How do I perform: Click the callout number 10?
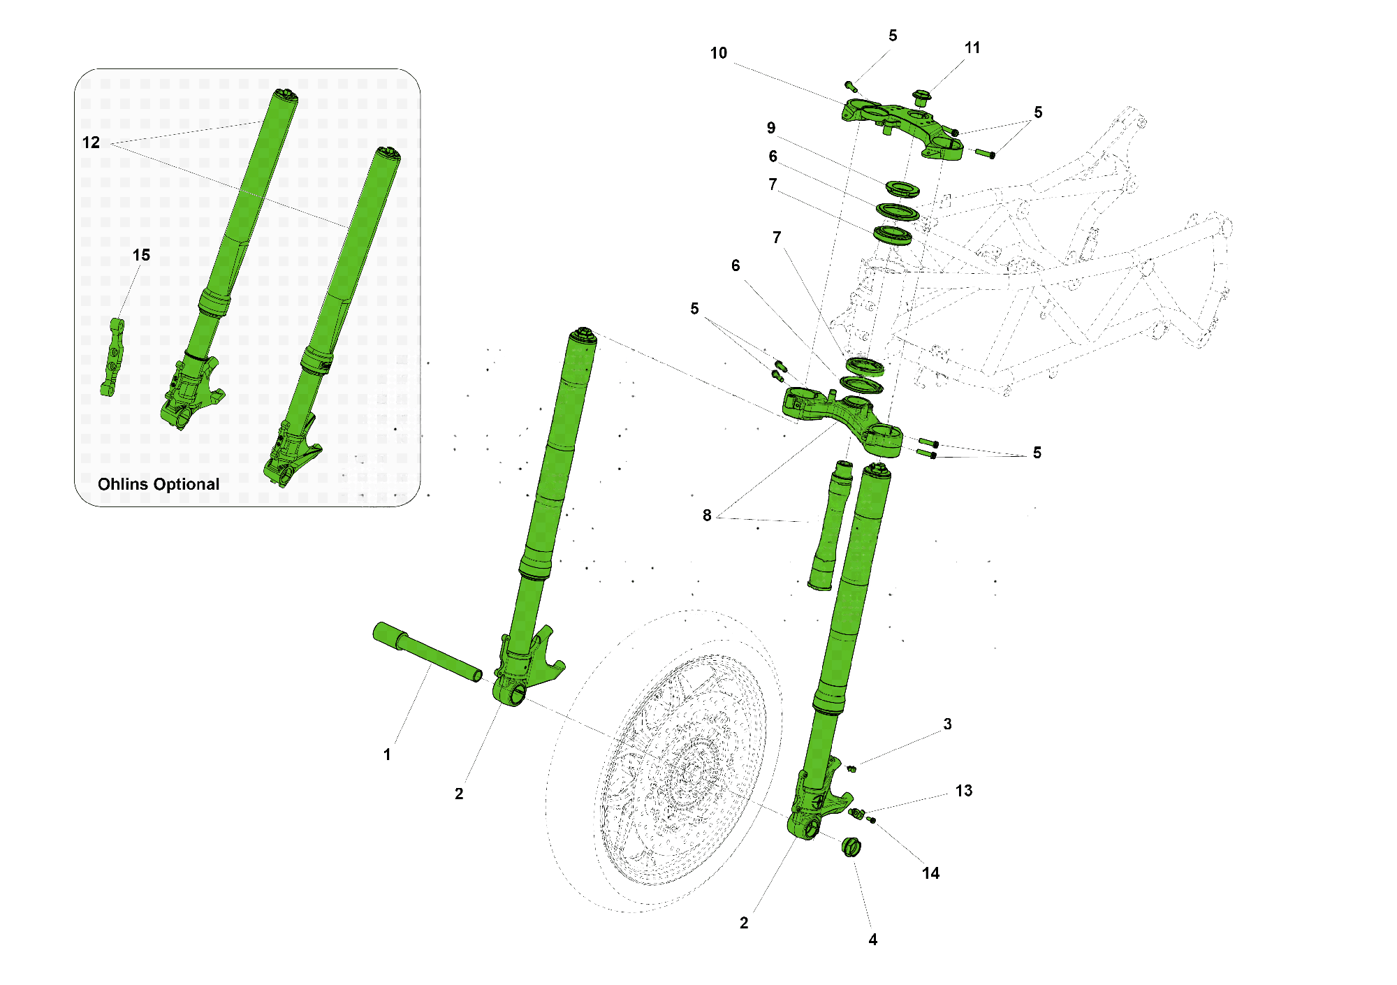coord(718,53)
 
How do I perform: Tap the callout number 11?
coord(972,48)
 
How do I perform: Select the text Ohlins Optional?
coord(159,484)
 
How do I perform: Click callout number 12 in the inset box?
coord(91,143)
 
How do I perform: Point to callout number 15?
coord(141,256)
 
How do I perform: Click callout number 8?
coord(707,516)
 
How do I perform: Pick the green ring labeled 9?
coord(902,189)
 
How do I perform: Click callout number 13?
coord(963,791)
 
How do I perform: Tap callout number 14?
coord(930,873)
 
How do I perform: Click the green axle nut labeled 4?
coord(851,847)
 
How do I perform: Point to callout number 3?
coord(947,724)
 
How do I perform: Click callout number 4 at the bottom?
coord(872,940)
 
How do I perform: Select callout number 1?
coord(387,755)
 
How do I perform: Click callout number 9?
coord(770,128)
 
